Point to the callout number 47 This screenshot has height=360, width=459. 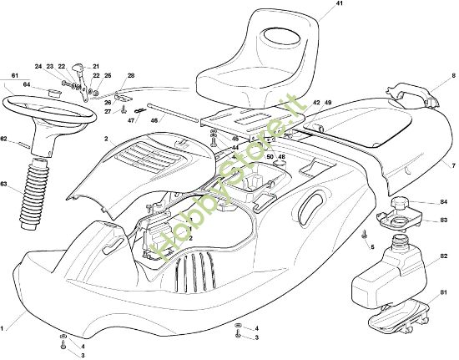coord(131,121)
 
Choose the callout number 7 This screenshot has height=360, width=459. coord(443,166)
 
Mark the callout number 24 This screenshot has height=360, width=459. coord(38,66)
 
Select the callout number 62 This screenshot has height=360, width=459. coord(4,139)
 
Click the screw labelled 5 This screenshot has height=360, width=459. coord(364,237)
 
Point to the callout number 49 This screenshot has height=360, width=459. coord(328,102)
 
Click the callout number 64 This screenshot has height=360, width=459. coord(28,84)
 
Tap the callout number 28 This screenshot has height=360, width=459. coord(130,76)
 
